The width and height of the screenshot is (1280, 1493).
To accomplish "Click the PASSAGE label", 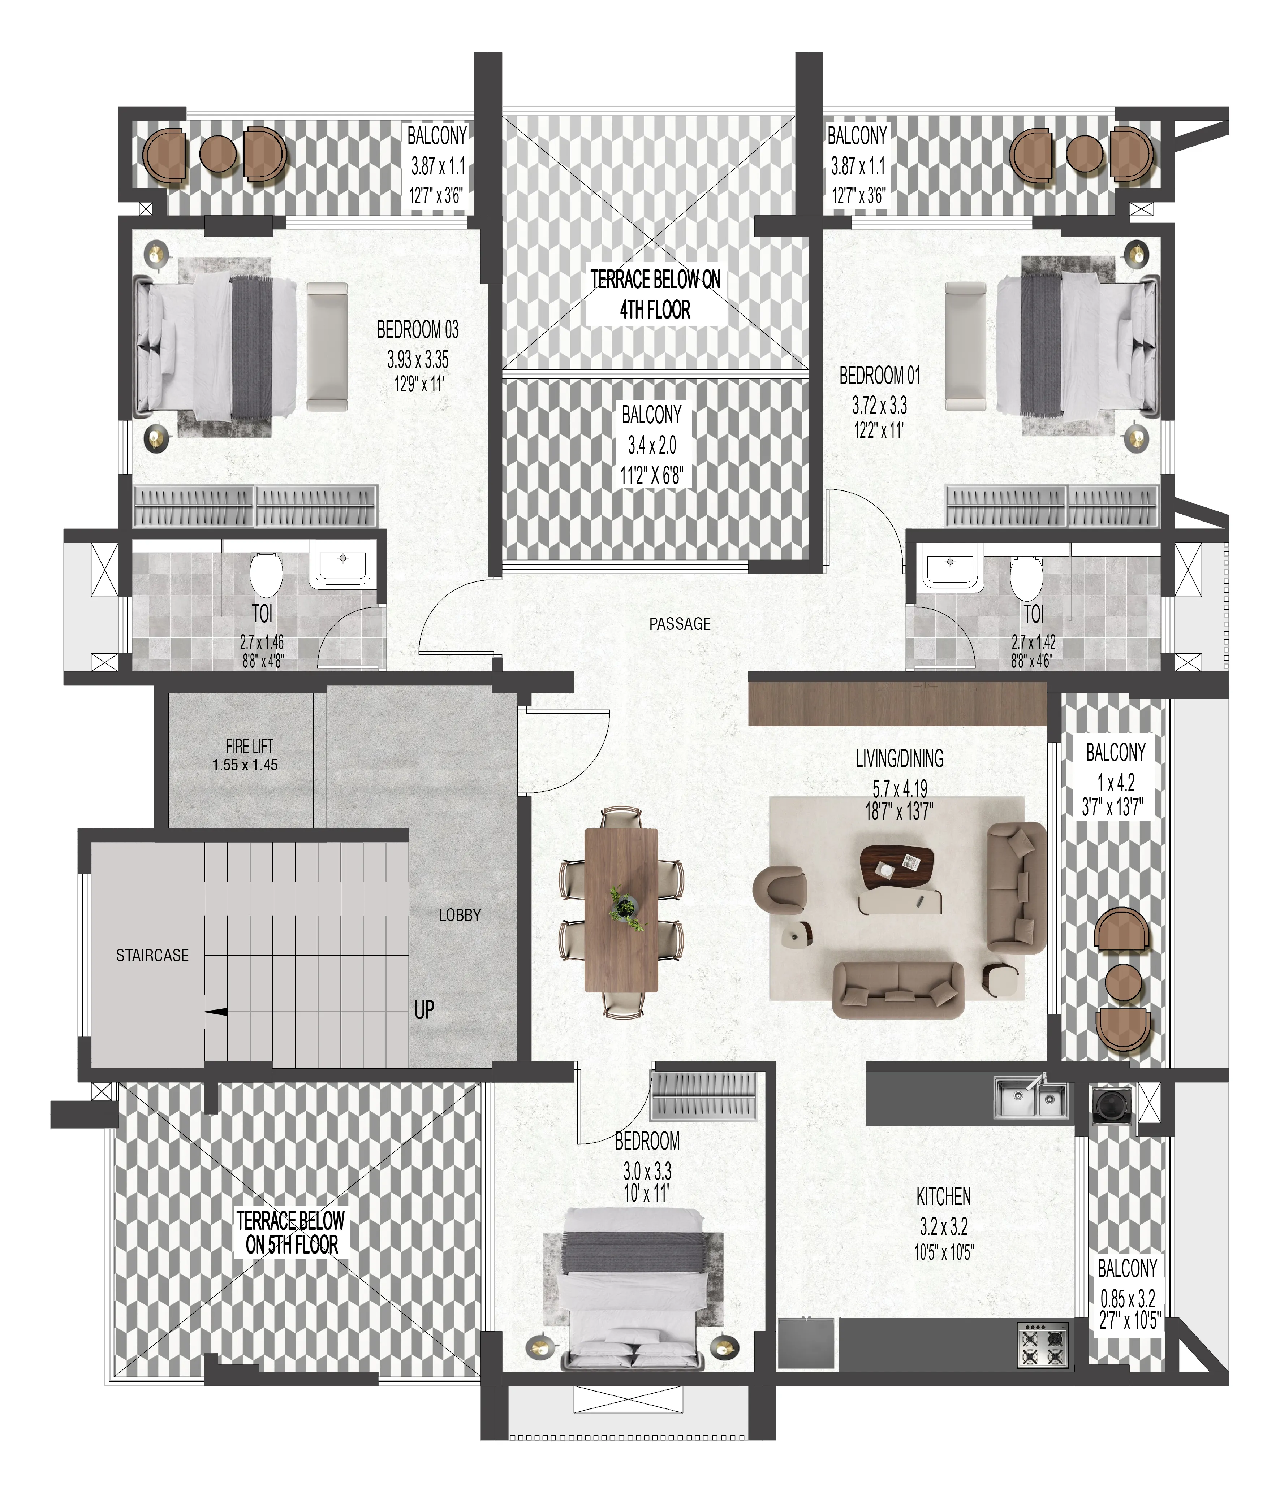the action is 680,624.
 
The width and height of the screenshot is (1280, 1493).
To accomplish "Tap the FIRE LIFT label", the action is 249,746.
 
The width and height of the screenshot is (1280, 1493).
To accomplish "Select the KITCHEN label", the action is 943,1197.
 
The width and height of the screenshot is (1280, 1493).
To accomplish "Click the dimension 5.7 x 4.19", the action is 900,789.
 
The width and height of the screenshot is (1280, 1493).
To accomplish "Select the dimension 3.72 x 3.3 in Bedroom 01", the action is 879,406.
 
